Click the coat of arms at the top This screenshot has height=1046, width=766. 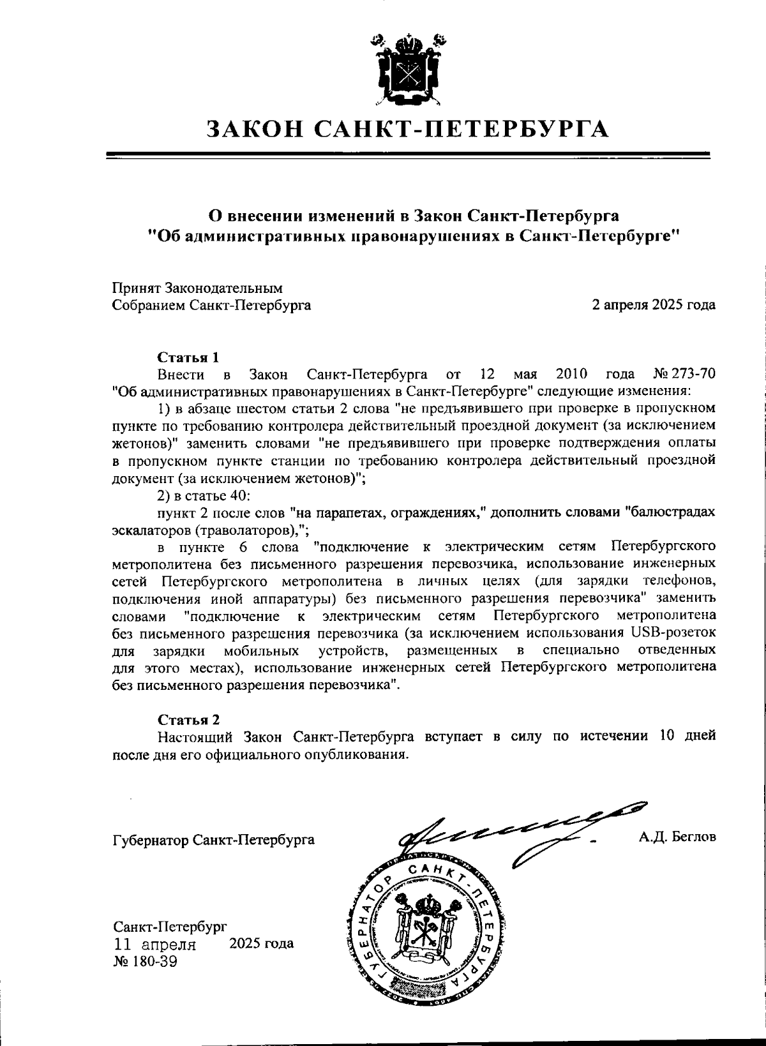point(407,69)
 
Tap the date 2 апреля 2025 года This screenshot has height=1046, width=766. point(654,305)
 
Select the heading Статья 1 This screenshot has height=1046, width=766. point(189,357)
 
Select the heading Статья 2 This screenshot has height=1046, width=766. point(189,719)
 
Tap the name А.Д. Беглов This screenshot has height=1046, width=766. point(677,837)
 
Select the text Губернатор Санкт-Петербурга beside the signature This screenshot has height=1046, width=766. point(213,839)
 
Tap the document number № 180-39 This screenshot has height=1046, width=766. point(145,961)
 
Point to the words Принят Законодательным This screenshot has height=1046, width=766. point(197,288)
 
